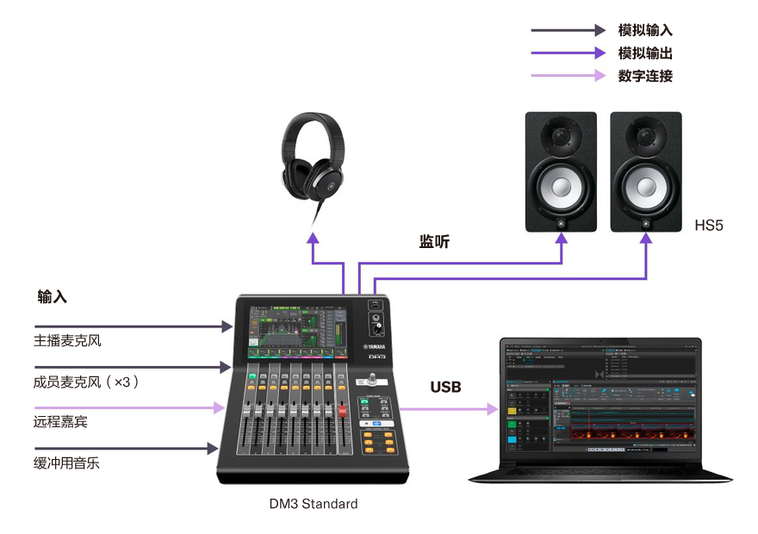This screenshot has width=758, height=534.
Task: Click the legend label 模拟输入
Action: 645,30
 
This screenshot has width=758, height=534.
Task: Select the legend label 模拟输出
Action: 645,53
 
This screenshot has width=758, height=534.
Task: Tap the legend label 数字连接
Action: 645,76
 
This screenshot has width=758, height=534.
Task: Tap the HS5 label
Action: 709,226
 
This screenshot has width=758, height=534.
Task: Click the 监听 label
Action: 434,243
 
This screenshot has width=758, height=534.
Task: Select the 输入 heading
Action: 52,297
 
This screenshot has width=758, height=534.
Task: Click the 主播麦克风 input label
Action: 68,340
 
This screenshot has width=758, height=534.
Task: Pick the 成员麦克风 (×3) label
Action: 86,381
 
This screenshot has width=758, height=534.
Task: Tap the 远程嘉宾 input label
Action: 61,422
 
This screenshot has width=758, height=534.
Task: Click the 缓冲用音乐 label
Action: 67,463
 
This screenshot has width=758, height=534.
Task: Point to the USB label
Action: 445,387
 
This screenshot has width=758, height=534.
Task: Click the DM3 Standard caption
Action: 313,504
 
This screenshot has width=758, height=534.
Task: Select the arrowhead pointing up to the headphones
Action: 313,236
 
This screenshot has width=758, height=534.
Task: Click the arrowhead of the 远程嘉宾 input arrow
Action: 219,408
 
